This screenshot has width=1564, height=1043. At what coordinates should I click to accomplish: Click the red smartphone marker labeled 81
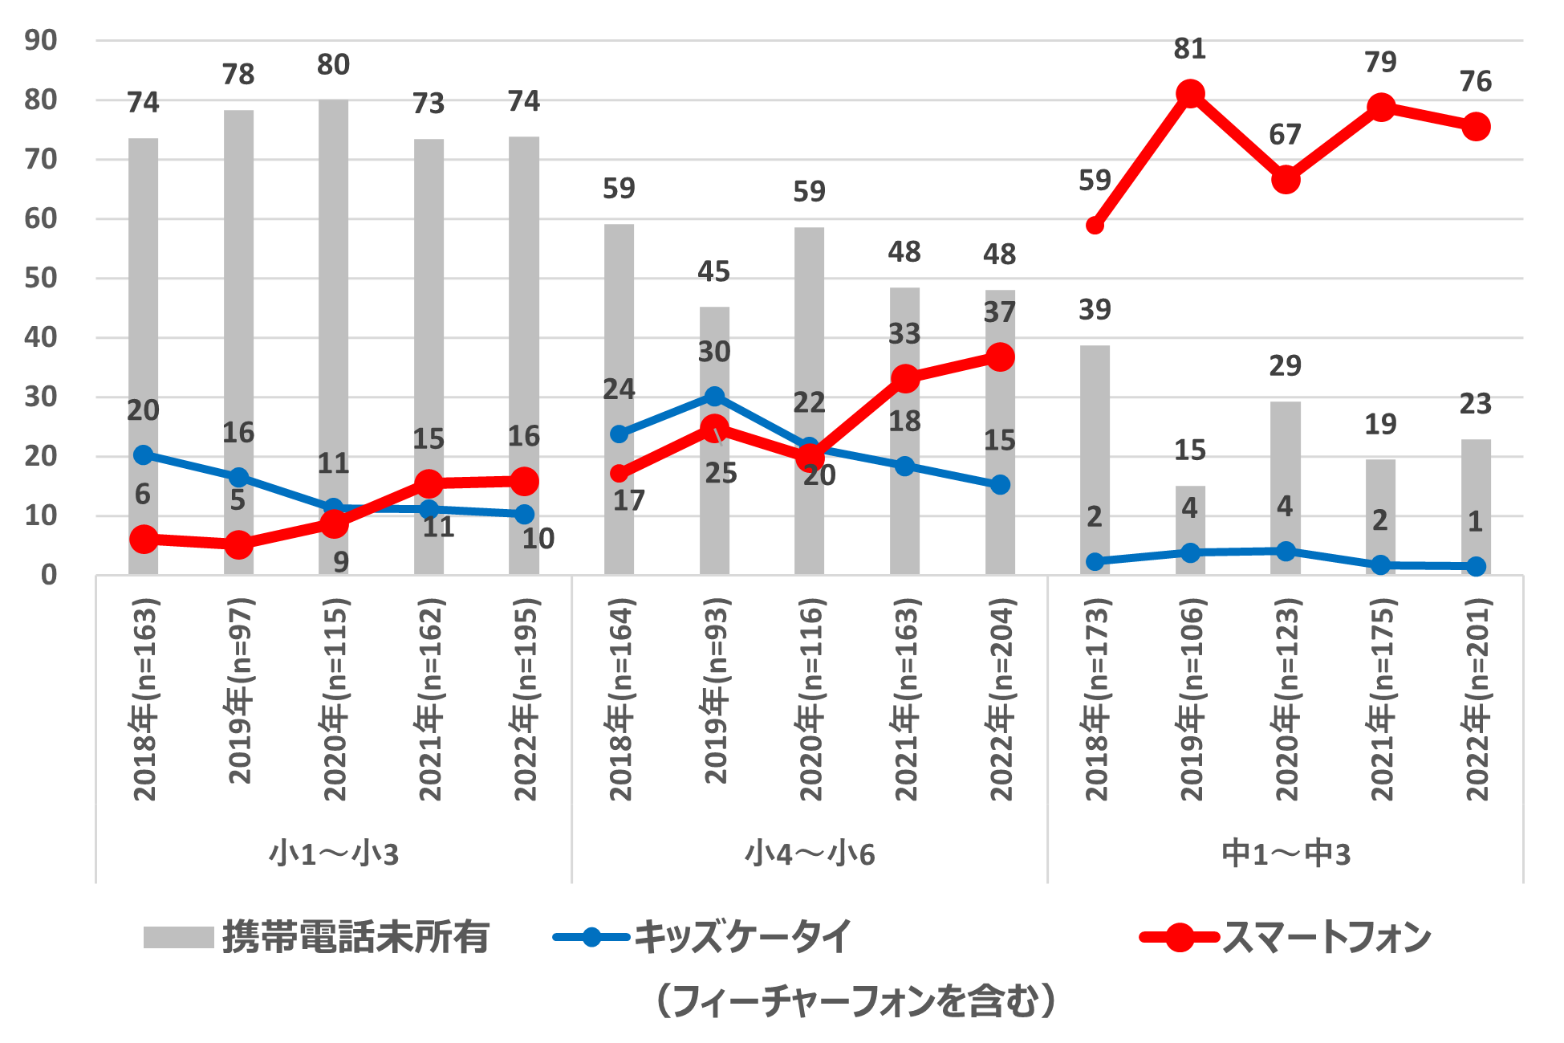pyautogui.click(x=1190, y=94)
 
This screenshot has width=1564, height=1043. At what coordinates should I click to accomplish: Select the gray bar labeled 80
pyautogui.click(x=333, y=337)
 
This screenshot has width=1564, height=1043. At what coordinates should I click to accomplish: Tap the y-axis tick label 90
pyautogui.click(x=41, y=40)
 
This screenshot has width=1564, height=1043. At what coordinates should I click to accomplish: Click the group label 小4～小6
pyautogui.click(x=809, y=854)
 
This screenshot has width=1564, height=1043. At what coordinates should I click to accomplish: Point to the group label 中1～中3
pyautogui.click(x=1286, y=854)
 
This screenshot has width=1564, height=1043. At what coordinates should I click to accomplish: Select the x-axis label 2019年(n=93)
pyautogui.click(x=714, y=691)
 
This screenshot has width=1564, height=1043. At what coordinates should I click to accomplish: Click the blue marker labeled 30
pyautogui.click(x=714, y=396)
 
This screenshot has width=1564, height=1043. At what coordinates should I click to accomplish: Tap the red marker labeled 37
pyautogui.click(x=1000, y=356)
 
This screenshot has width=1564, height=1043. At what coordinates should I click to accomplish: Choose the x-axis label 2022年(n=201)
pyautogui.click(x=1477, y=699)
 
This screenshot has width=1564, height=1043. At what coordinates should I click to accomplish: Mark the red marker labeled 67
pyautogui.click(x=1286, y=180)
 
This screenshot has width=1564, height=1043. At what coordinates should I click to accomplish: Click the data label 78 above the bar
pyautogui.click(x=238, y=75)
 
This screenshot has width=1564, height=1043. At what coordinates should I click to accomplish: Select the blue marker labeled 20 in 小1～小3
pyautogui.click(x=143, y=455)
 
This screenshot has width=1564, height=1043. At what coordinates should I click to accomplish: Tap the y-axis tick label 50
pyautogui.click(x=41, y=278)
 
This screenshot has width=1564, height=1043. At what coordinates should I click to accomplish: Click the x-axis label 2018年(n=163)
pyautogui.click(x=144, y=699)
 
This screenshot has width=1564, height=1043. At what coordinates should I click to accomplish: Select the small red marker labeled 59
pyautogui.click(x=1095, y=226)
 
